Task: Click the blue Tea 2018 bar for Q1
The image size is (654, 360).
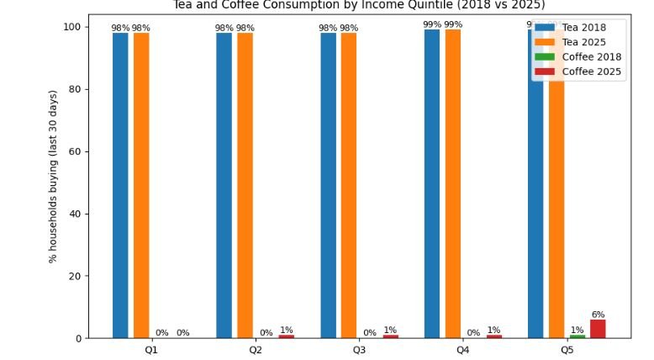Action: [x=120, y=185]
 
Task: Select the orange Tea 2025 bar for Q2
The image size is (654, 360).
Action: [x=245, y=185]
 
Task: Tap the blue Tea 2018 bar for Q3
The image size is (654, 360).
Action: [x=328, y=185]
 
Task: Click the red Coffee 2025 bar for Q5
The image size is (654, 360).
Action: [x=598, y=329]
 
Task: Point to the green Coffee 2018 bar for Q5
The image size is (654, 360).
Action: [x=578, y=336]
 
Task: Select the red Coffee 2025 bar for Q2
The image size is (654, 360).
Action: [x=287, y=336]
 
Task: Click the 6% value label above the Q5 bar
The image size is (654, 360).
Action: [x=598, y=315]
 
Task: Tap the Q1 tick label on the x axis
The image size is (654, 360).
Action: [x=151, y=349]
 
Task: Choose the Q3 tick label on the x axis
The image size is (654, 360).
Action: [x=359, y=349]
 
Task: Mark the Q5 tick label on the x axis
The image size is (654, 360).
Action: [x=567, y=349]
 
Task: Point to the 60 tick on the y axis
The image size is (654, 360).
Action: [x=75, y=151]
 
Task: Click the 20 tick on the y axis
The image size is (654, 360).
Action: [x=75, y=276]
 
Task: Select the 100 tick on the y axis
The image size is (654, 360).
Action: [x=72, y=27]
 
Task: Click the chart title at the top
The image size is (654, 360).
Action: [x=359, y=5]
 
